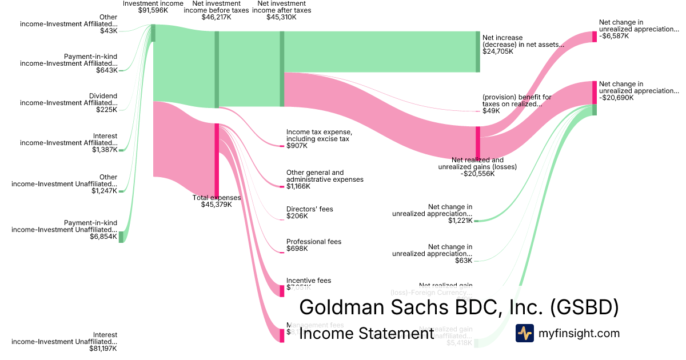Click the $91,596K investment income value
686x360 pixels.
pos(153,10)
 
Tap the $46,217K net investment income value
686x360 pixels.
pos(216,17)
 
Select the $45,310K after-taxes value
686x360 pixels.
pos(281,17)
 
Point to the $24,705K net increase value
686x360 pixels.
pos(498,51)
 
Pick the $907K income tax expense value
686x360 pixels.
pos(297,146)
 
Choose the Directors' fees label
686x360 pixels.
pos(309,209)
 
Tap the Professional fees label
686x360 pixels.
pos(314,242)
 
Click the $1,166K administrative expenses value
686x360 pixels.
pos(298,186)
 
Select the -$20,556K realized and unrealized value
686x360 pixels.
pos(477,174)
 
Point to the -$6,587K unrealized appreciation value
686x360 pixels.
pos(614,35)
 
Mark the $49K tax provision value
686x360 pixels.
pos(491,111)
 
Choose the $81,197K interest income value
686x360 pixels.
pos(101,349)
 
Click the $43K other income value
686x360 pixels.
pos(109,31)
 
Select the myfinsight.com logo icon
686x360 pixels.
pos(524,333)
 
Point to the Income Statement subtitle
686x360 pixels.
pos(366,334)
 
